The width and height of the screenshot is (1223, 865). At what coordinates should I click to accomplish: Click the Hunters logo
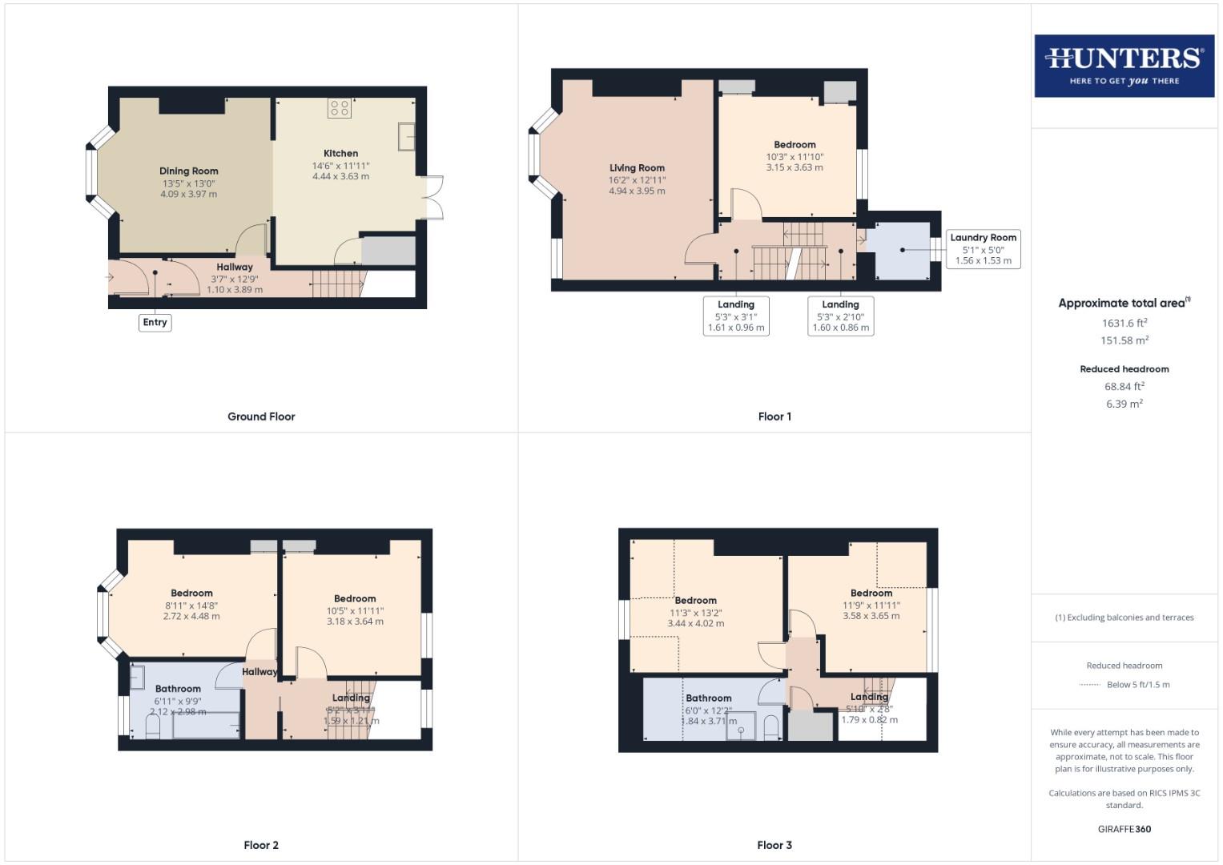click(1124, 66)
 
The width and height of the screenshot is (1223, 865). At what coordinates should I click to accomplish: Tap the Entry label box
click(155, 322)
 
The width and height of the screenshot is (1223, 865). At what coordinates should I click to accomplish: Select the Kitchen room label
click(340, 153)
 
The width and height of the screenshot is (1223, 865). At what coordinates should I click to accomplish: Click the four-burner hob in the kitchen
click(339, 108)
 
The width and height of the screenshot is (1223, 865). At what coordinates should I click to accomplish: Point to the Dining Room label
click(188, 171)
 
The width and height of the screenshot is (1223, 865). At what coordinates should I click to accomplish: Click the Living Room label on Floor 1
click(637, 168)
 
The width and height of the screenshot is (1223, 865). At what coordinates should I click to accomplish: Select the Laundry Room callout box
click(983, 249)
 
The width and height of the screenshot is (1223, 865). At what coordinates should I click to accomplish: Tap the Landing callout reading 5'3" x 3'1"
click(736, 316)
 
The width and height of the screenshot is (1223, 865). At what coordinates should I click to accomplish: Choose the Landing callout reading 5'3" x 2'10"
click(840, 316)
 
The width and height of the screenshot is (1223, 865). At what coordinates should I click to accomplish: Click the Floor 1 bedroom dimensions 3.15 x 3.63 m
click(795, 167)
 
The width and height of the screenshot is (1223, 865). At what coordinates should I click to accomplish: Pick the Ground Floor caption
click(261, 416)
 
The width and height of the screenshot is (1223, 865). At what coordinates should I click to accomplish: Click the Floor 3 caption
click(774, 845)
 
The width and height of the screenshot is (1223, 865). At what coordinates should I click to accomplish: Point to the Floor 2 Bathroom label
click(178, 689)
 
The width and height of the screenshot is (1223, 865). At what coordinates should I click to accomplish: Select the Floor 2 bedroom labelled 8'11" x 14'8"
click(191, 593)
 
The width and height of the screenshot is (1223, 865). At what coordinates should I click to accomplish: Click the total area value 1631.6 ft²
click(1124, 324)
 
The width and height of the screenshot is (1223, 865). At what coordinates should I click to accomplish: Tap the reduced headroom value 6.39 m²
click(1124, 404)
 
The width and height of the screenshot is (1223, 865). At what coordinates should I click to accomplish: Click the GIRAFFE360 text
click(1124, 829)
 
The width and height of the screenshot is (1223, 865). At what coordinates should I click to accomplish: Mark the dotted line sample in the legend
click(1090, 685)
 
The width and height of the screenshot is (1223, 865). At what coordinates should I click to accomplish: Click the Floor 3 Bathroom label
click(708, 698)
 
